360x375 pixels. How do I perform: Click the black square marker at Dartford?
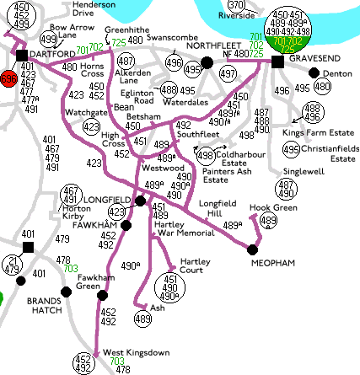pyautogui.click(x=21, y=55)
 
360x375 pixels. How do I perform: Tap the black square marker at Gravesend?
pyautogui.click(x=277, y=62)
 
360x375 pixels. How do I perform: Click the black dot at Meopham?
pyautogui.click(x=252, y=248)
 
